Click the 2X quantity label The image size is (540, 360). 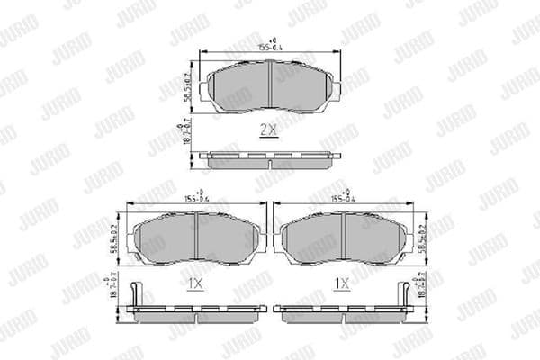[x=267, y=130]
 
